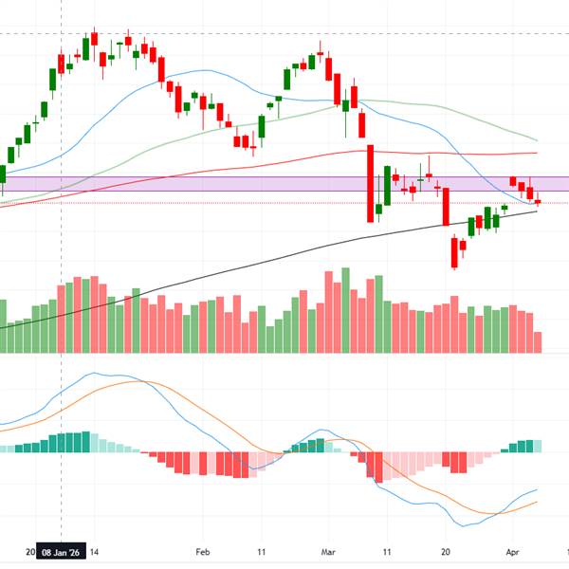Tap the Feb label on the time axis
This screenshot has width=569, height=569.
(200, 550)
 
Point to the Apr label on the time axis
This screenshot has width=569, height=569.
(511, 550)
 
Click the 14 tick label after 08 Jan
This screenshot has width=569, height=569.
(96, 550)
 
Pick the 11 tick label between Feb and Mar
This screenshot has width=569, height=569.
(261, 550)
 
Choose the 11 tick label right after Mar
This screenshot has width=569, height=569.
(387, 550)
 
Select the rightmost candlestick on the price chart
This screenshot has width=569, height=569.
(539, 200)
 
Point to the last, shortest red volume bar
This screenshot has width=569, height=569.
(539, 342)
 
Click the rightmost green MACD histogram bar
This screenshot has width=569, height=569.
(539, 446)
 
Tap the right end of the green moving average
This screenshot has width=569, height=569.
(538, 140)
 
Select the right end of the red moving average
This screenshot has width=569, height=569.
(538, 152)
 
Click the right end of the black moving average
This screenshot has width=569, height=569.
(538, 211)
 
